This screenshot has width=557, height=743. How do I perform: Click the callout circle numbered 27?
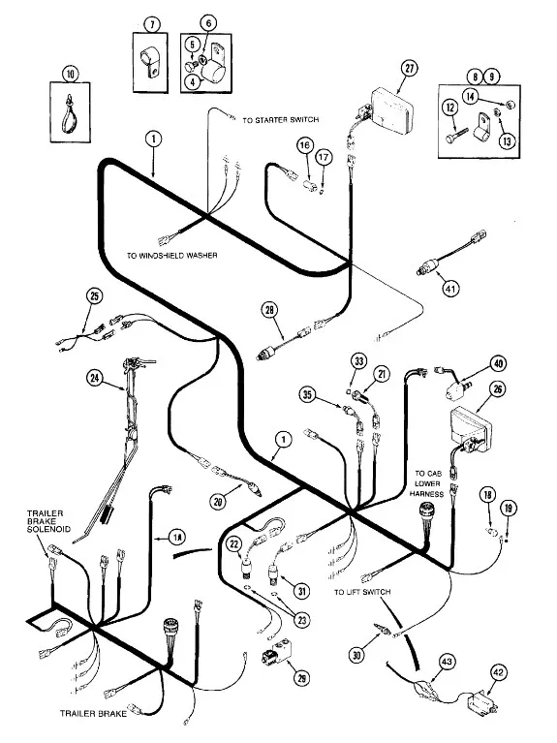point(409,68)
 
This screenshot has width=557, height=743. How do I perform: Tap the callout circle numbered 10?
point(70,74)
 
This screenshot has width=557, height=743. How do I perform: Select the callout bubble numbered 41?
point(450,288)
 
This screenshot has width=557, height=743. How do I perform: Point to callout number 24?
point(95,378)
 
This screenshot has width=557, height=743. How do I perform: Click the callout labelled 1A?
point(177,537)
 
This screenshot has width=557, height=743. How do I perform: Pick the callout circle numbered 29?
point(301,678)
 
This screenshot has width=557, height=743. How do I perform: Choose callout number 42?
point(499,672)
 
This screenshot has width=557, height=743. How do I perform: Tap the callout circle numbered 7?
point(152,24)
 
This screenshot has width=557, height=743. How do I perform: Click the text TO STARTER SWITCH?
point(281,120)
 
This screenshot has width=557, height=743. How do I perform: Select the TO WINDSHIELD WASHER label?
point(172,256)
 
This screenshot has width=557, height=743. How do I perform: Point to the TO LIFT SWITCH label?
point(362,592)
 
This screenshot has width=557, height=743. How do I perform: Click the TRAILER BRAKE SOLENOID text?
point(48,521)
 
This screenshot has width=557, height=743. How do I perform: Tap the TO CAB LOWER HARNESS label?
point(426,483)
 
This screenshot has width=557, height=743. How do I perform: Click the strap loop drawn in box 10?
point(70,113)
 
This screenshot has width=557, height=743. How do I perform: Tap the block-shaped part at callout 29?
point(277,652)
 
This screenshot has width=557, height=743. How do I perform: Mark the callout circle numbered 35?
point(307,393)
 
